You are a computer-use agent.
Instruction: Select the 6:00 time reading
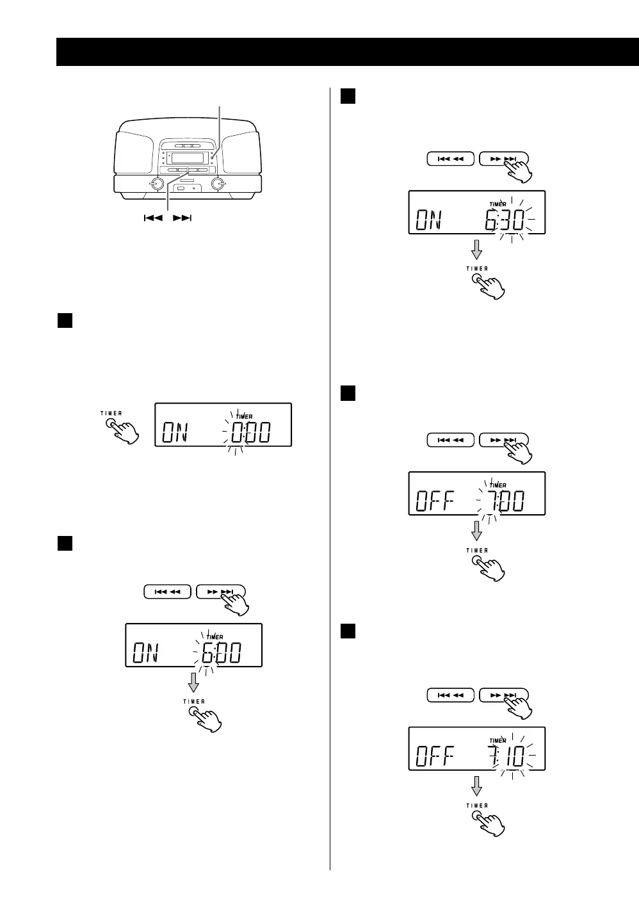click(221, 653)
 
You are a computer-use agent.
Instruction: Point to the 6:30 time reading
click(504, 221)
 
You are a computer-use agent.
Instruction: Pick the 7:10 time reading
click(504, 757)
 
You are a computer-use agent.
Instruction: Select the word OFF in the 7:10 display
click(435, 758)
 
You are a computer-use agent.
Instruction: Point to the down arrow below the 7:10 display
click(476, 786)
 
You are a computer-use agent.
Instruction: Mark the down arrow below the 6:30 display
click(476, 249)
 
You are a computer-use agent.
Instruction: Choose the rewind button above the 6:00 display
click(167, 592)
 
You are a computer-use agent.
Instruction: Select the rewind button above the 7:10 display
click(451, 695)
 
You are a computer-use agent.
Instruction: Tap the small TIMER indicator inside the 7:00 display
click(497, 485)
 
